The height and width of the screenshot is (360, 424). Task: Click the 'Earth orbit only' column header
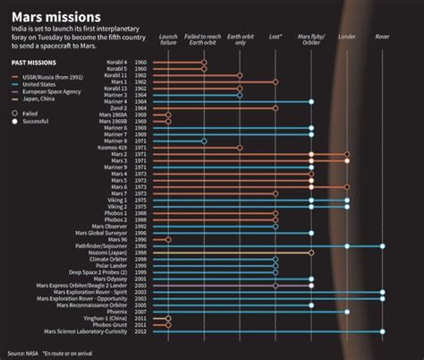coord(240,42)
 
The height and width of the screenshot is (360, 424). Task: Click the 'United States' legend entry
coord(38,85)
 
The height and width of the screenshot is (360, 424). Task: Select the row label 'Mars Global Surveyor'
coord(106,233)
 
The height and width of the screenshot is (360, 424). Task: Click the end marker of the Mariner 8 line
coord(204,141)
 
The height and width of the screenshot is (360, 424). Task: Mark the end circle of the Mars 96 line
coord(168,239)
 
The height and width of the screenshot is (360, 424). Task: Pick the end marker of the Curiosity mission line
coord(382,330)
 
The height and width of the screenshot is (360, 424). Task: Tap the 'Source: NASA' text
coord(25,352)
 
